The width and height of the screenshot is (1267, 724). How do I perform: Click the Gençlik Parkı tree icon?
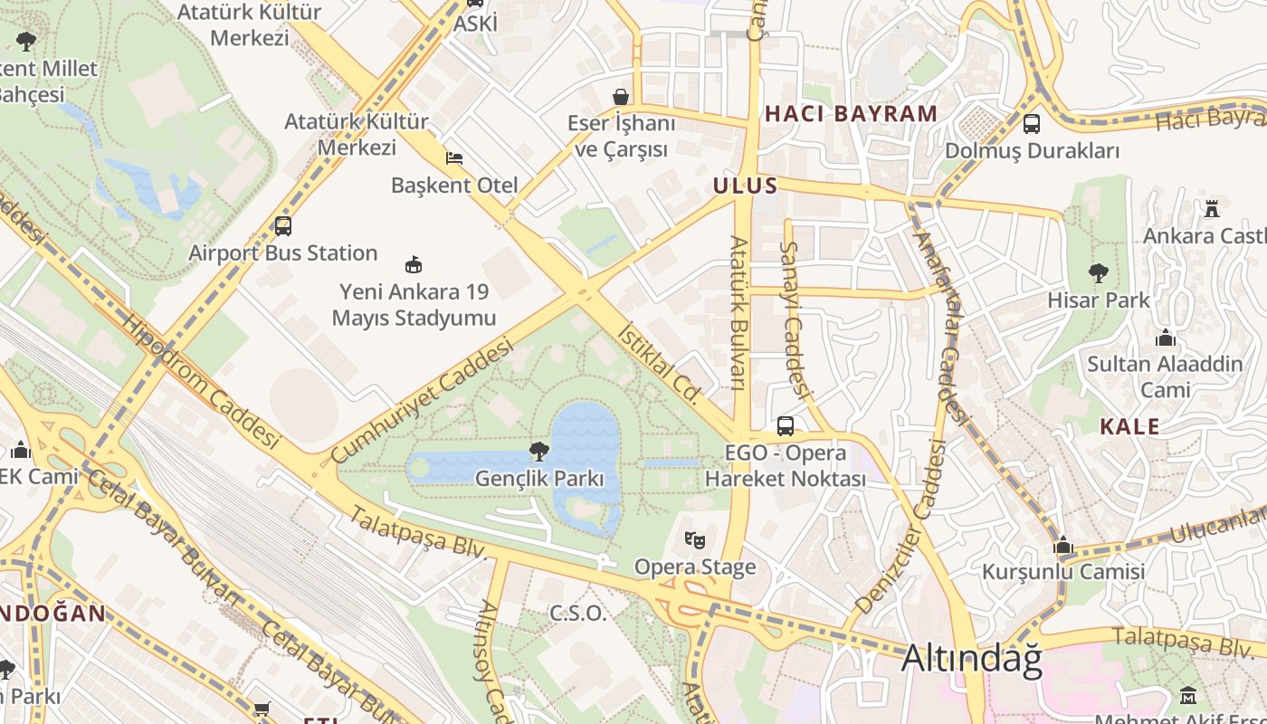point(539,450)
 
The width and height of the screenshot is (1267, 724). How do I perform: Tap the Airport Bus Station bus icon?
point(282,225)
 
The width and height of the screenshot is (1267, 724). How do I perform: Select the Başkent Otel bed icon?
point(454,158)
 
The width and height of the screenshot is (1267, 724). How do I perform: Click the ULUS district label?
point(745,186)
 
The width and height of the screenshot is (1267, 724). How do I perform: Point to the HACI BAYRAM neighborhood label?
point(851,114)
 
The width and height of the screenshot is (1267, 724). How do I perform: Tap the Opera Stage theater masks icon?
point(694,540)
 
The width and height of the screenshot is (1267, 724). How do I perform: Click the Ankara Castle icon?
point(1211,208)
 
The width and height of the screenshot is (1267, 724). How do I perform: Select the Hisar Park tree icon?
point(1098,271)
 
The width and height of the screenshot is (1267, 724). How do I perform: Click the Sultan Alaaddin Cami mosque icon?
point(1166,338)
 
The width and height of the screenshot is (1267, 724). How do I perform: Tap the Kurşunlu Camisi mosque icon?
point(1063,545)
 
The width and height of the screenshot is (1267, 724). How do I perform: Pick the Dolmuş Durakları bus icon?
point(1031,124)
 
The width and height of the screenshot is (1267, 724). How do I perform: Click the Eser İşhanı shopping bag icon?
point(621,96)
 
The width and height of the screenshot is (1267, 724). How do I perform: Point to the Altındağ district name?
point(971,659)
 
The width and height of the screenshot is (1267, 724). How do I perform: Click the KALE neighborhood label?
point(1129,426)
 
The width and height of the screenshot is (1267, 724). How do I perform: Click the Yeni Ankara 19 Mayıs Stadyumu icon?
point(414,264)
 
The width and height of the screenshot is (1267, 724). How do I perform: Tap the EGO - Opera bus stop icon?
point(785,425)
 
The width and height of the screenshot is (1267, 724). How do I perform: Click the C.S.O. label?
point(577,613)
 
